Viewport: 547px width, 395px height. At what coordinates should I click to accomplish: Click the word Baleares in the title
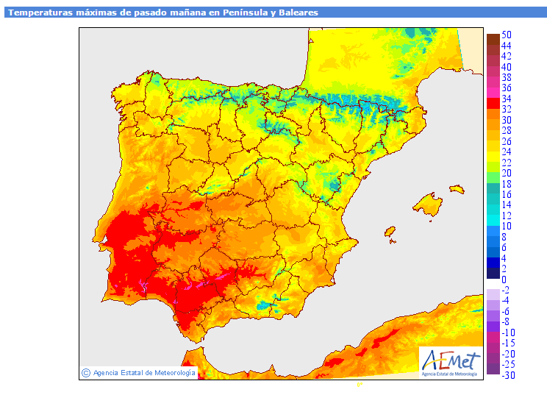298,13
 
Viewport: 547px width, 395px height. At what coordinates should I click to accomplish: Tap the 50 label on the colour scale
506,35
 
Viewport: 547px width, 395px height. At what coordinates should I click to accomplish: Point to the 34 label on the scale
506,99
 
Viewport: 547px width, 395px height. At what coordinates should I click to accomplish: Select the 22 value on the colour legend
506,163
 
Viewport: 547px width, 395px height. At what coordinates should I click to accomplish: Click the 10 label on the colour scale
506,226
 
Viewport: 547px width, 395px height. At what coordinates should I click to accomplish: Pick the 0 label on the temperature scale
504,280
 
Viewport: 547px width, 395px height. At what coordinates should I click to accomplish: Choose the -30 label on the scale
509,375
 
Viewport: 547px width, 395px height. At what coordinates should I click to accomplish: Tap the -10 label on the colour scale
509,332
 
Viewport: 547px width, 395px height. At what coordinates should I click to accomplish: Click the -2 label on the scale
506,290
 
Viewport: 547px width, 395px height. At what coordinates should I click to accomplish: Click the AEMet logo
451,363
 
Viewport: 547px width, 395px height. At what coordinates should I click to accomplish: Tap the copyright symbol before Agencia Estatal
86,373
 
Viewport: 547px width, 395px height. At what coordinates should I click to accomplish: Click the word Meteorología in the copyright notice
175,373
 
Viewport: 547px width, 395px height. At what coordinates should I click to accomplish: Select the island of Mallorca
428,204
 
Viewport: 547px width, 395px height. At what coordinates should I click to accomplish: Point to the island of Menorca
457,190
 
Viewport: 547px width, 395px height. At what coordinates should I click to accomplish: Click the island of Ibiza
390,232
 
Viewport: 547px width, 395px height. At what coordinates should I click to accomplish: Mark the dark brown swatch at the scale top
493,40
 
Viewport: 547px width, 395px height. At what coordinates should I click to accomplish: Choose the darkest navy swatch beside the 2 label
493,273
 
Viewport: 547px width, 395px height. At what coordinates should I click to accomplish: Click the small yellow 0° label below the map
360,385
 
